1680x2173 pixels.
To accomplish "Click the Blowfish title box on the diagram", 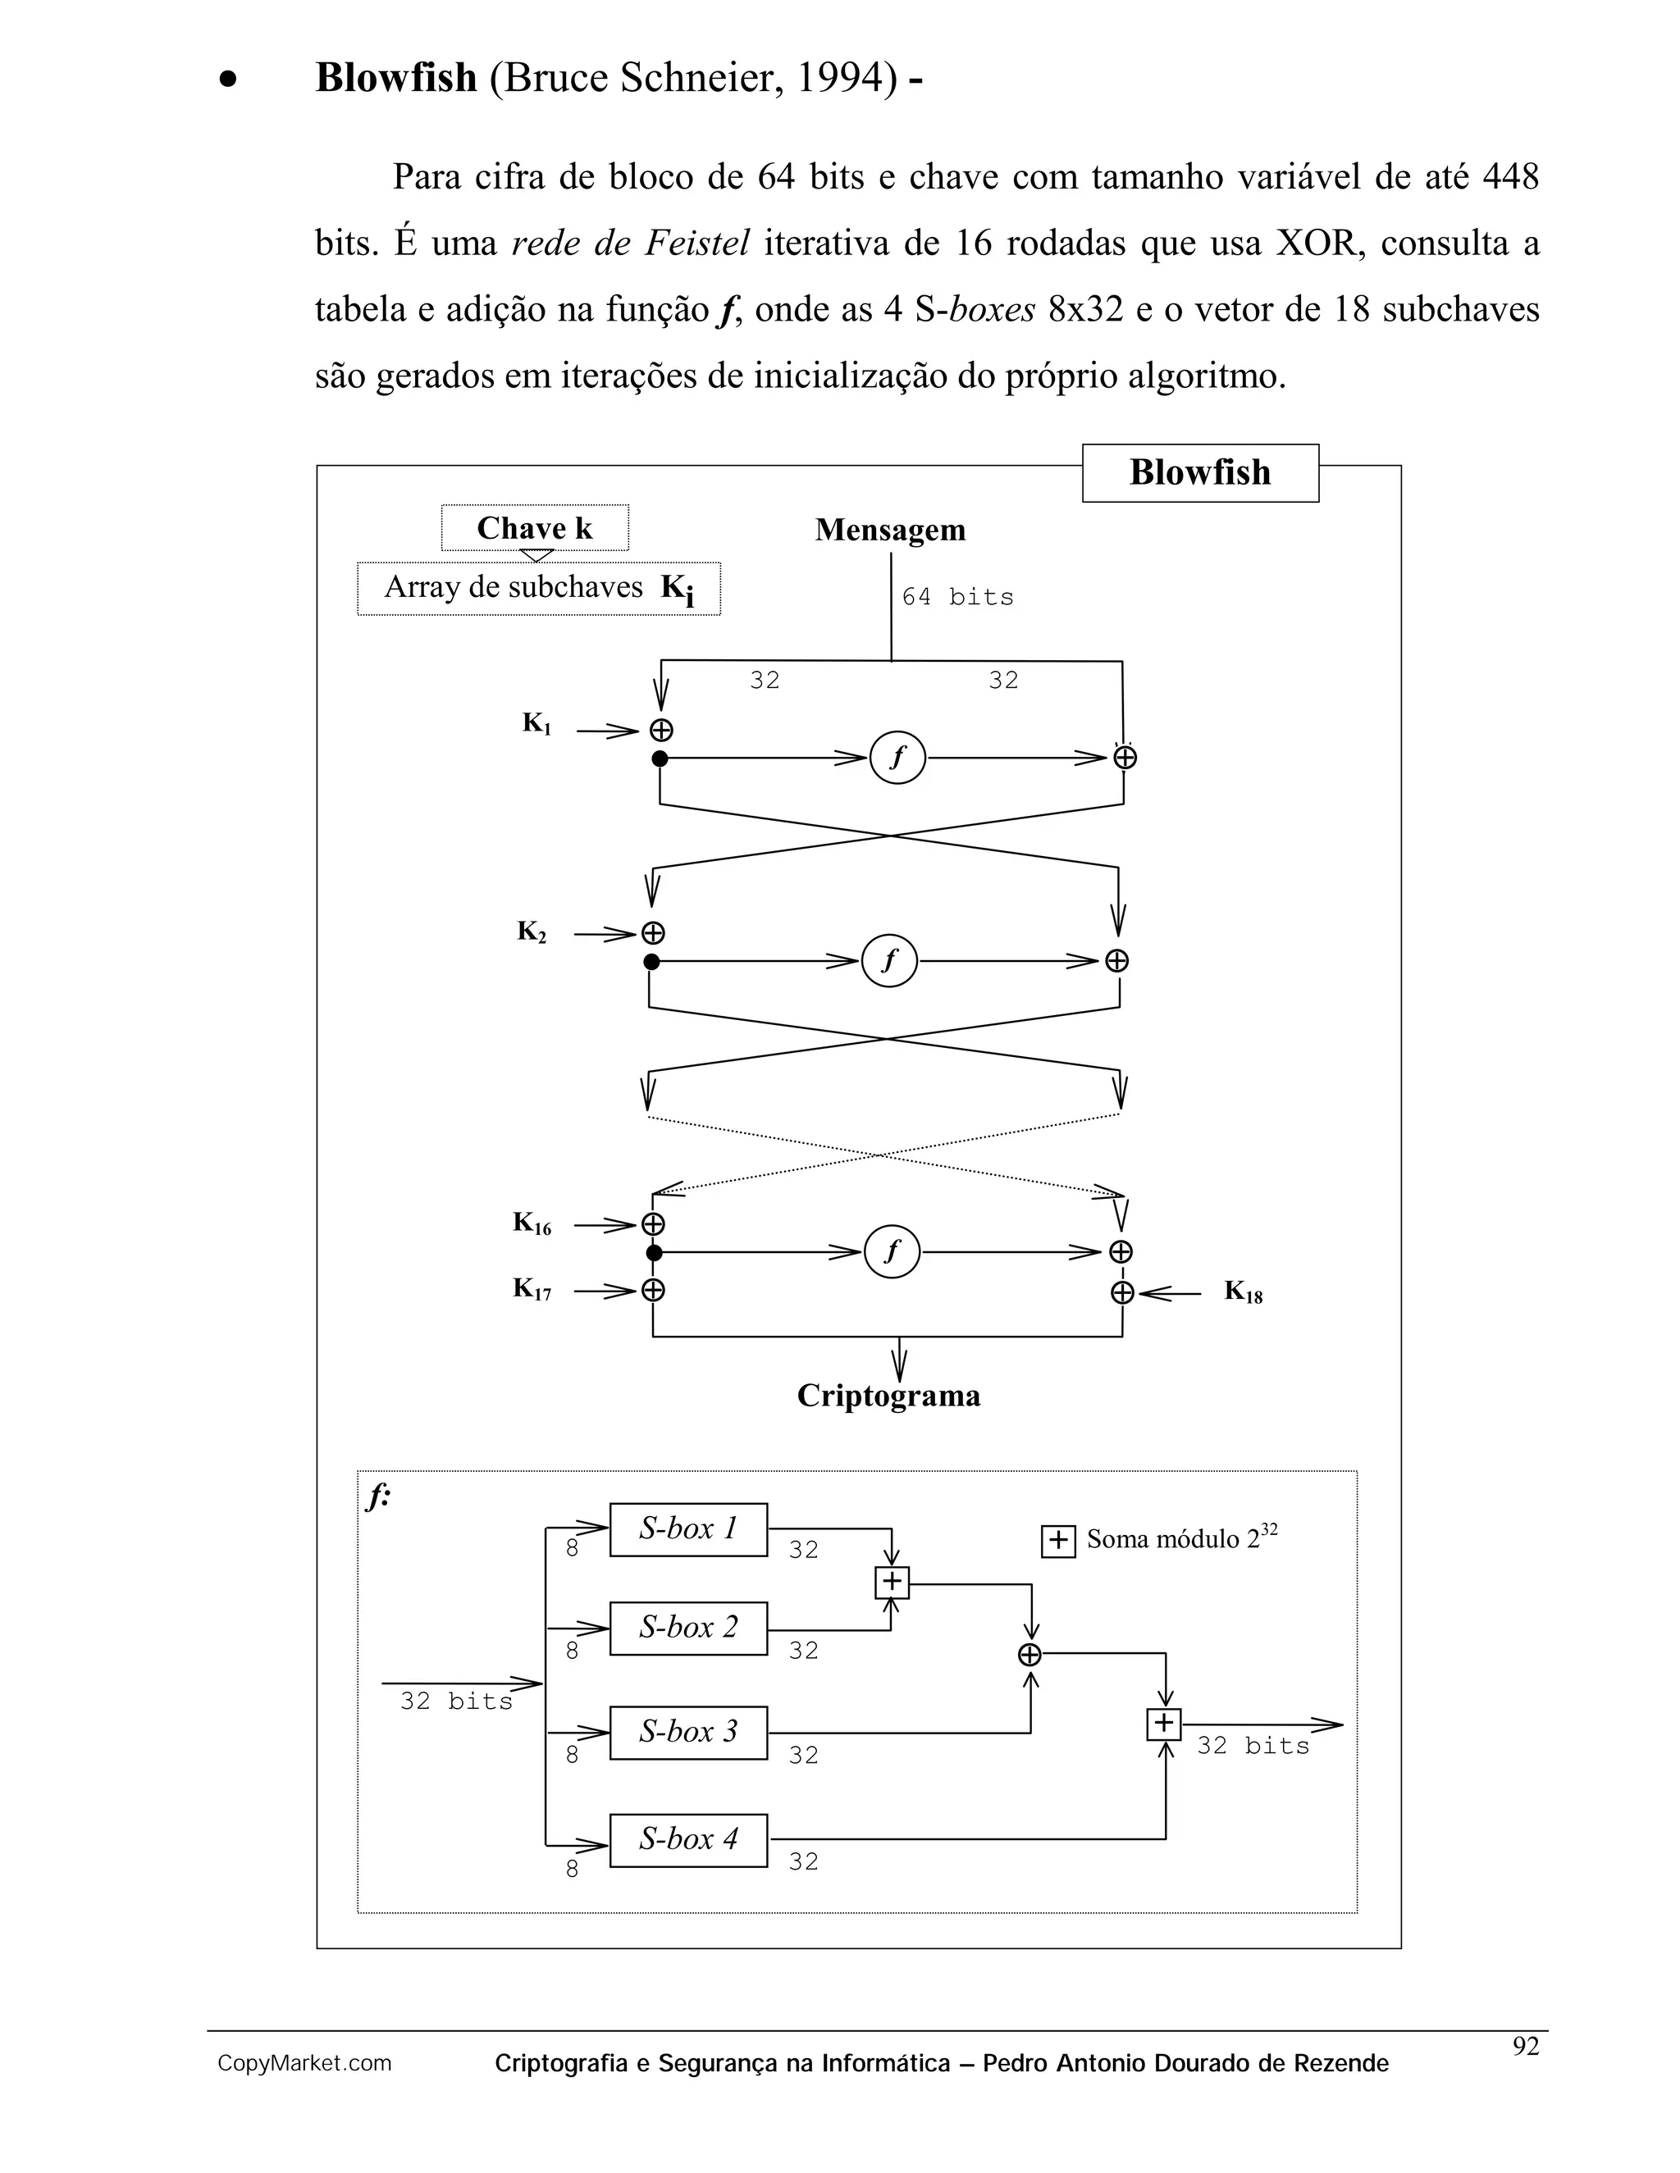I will (1199, 472).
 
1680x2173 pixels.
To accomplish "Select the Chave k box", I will (535, 527).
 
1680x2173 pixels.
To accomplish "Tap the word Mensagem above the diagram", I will (890, 530).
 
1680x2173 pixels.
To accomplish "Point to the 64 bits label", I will (956, 597).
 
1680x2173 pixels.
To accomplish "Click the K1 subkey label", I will (536, 724).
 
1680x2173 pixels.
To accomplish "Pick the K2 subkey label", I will (532, 932).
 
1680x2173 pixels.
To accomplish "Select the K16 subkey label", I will (532, 1223).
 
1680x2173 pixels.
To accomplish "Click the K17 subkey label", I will (532, 1290).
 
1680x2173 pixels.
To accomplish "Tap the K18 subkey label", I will (1243, 1292).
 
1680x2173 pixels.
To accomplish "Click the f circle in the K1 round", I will (897, 758).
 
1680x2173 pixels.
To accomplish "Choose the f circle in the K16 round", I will (892, 1251).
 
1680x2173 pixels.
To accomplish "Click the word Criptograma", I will (888, 1396).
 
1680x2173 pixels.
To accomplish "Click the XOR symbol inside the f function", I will (1030, 1655).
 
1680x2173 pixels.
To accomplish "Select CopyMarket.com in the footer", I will (304, 2064).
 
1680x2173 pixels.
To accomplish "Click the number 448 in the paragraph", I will (1510, 177).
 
